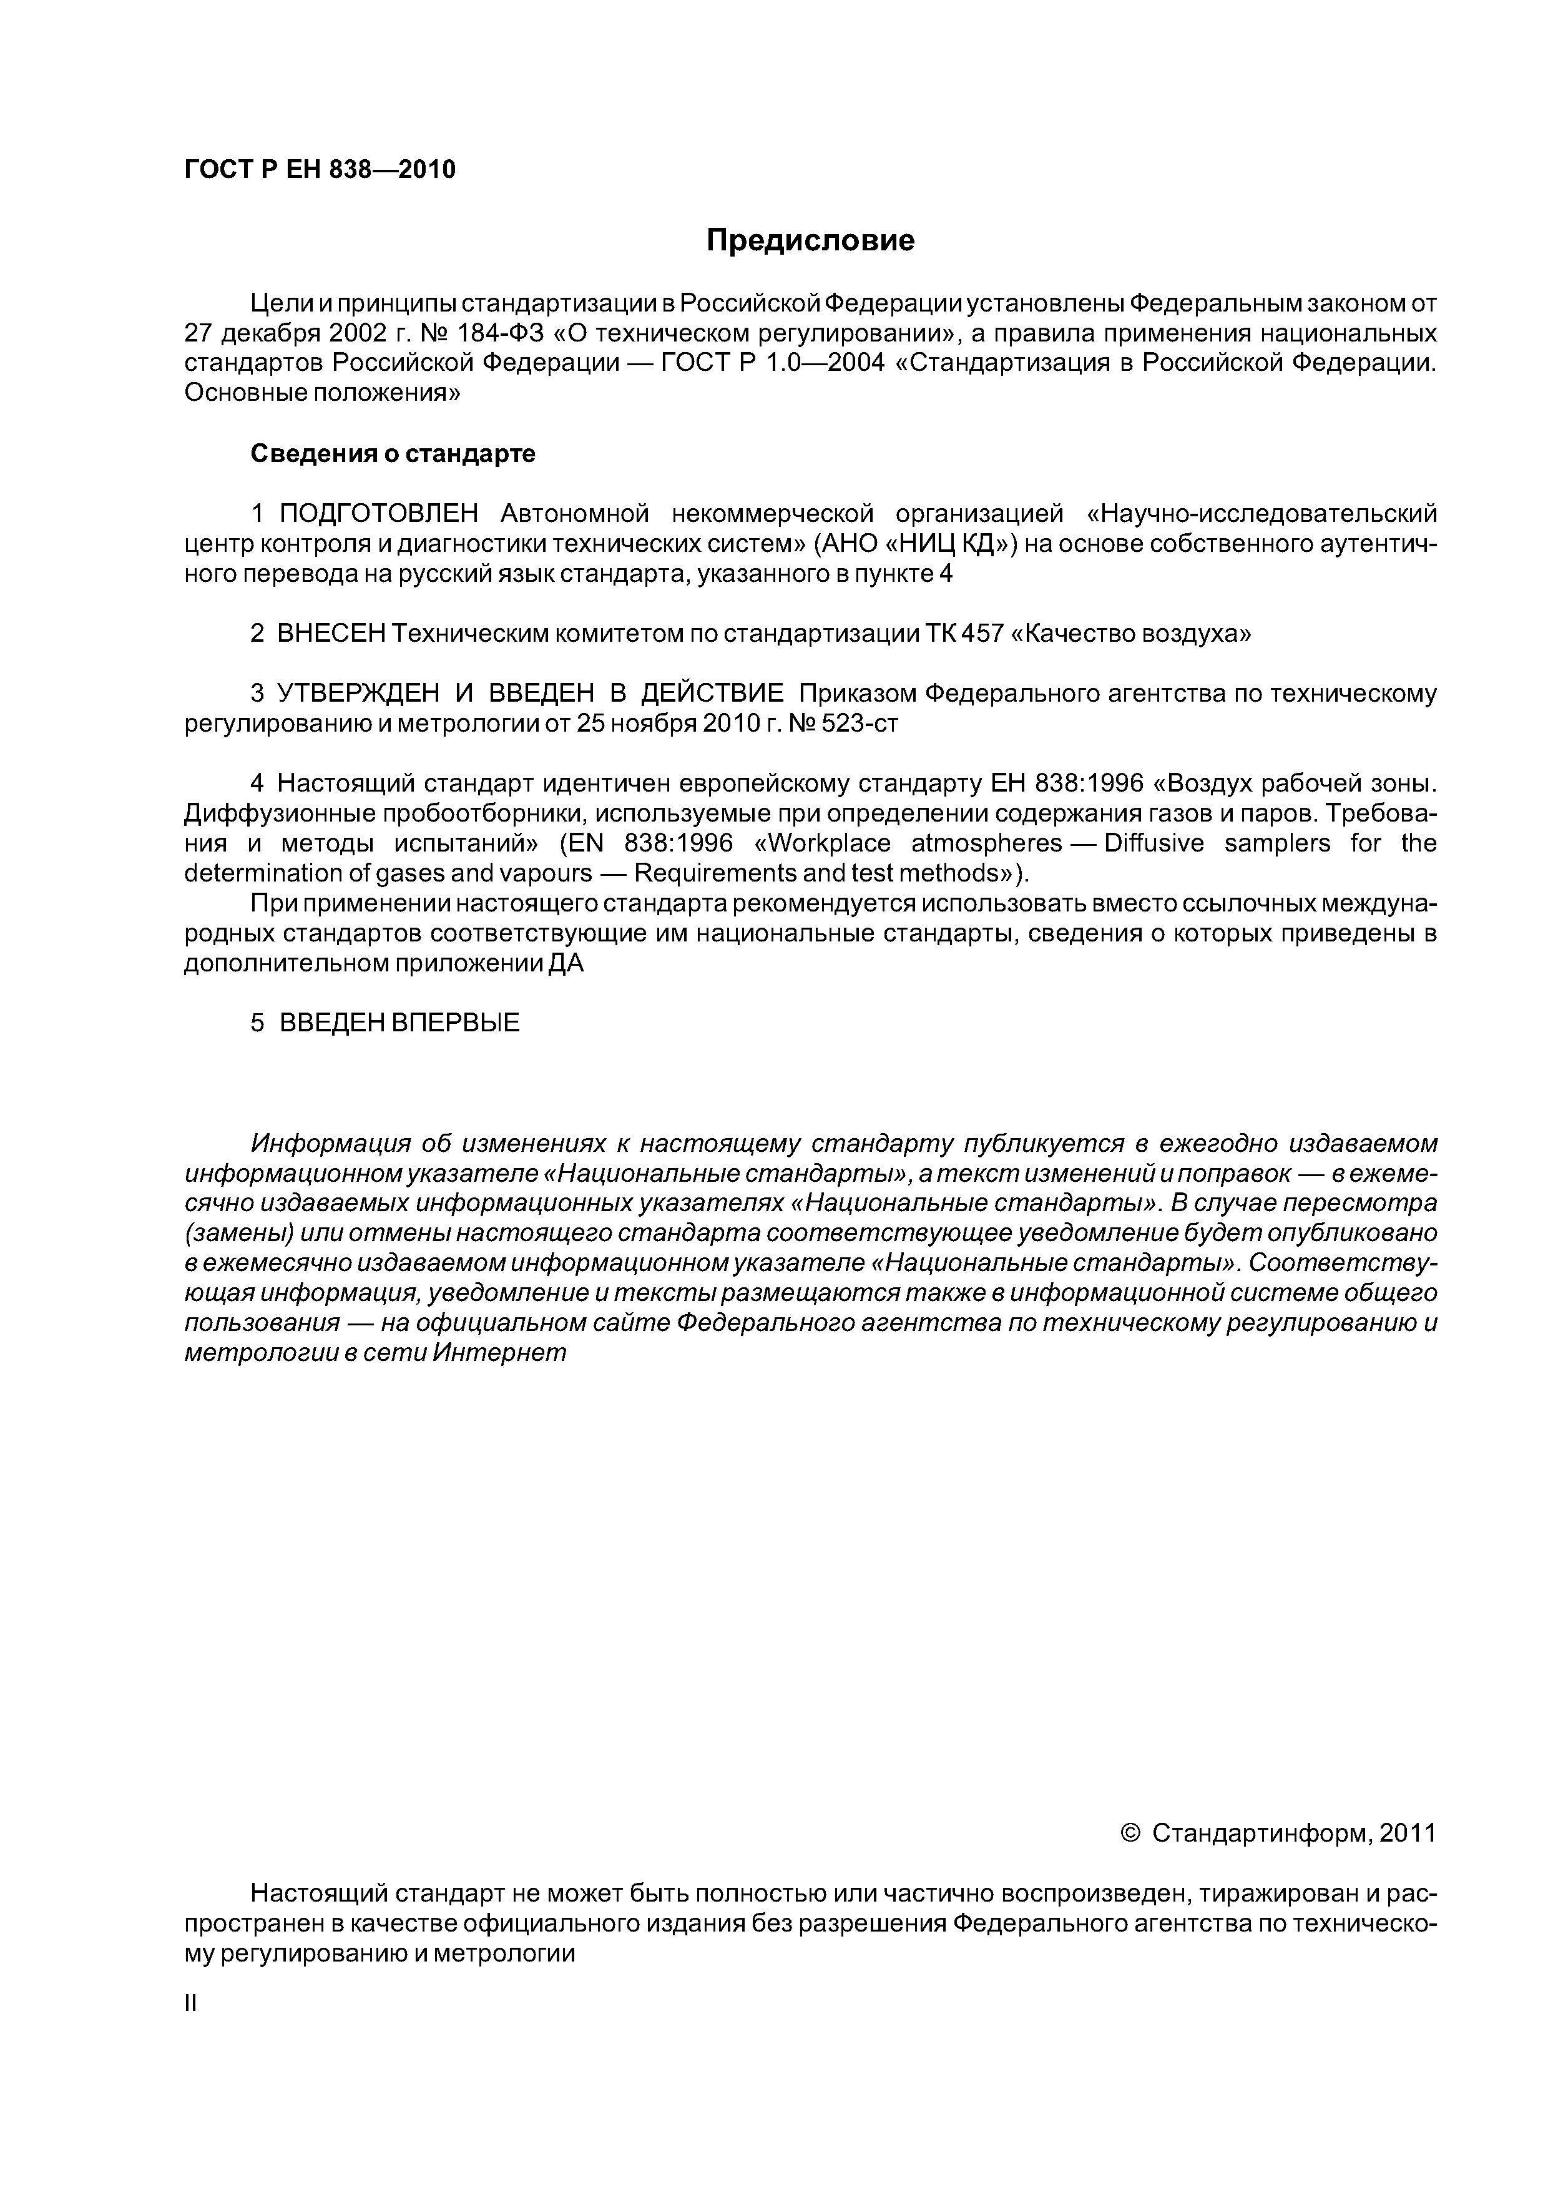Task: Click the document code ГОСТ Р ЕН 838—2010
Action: tap(320, 170)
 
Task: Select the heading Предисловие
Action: tap(810, 240)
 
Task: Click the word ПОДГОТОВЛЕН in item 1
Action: tap(378, 514)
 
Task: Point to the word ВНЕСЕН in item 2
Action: tap(330, 634)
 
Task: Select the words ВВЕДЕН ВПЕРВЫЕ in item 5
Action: tap(399, 1023)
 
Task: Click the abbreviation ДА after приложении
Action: tap(565, 965)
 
